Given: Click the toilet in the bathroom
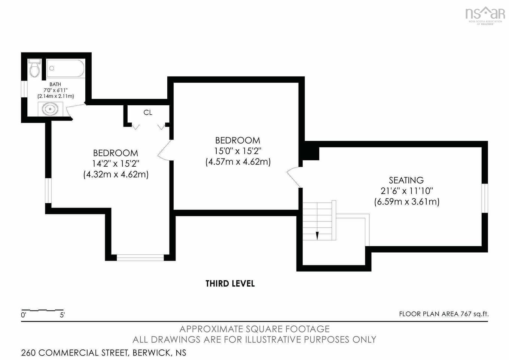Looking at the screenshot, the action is (34, 68).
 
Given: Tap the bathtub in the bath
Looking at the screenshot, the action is (65, 68).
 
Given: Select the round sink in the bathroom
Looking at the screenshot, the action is (50, 109).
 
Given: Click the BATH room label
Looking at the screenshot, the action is (55, 84).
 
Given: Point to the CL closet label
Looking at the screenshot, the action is (148, 112).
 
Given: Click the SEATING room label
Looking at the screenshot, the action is (406, 180).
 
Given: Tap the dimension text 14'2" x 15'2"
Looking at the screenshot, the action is (116, 163).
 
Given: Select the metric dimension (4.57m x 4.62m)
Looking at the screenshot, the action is (238, 162).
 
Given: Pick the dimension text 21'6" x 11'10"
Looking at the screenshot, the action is (407, 191).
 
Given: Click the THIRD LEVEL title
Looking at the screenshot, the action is (230, 284).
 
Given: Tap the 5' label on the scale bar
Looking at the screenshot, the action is (62, 315).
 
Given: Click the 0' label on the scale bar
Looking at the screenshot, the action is (24, 315).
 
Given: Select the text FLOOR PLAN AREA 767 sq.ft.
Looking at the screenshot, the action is (444, 314).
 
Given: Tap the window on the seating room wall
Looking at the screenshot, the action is (485, 198).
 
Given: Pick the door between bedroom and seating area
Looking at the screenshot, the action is (295, 178).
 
